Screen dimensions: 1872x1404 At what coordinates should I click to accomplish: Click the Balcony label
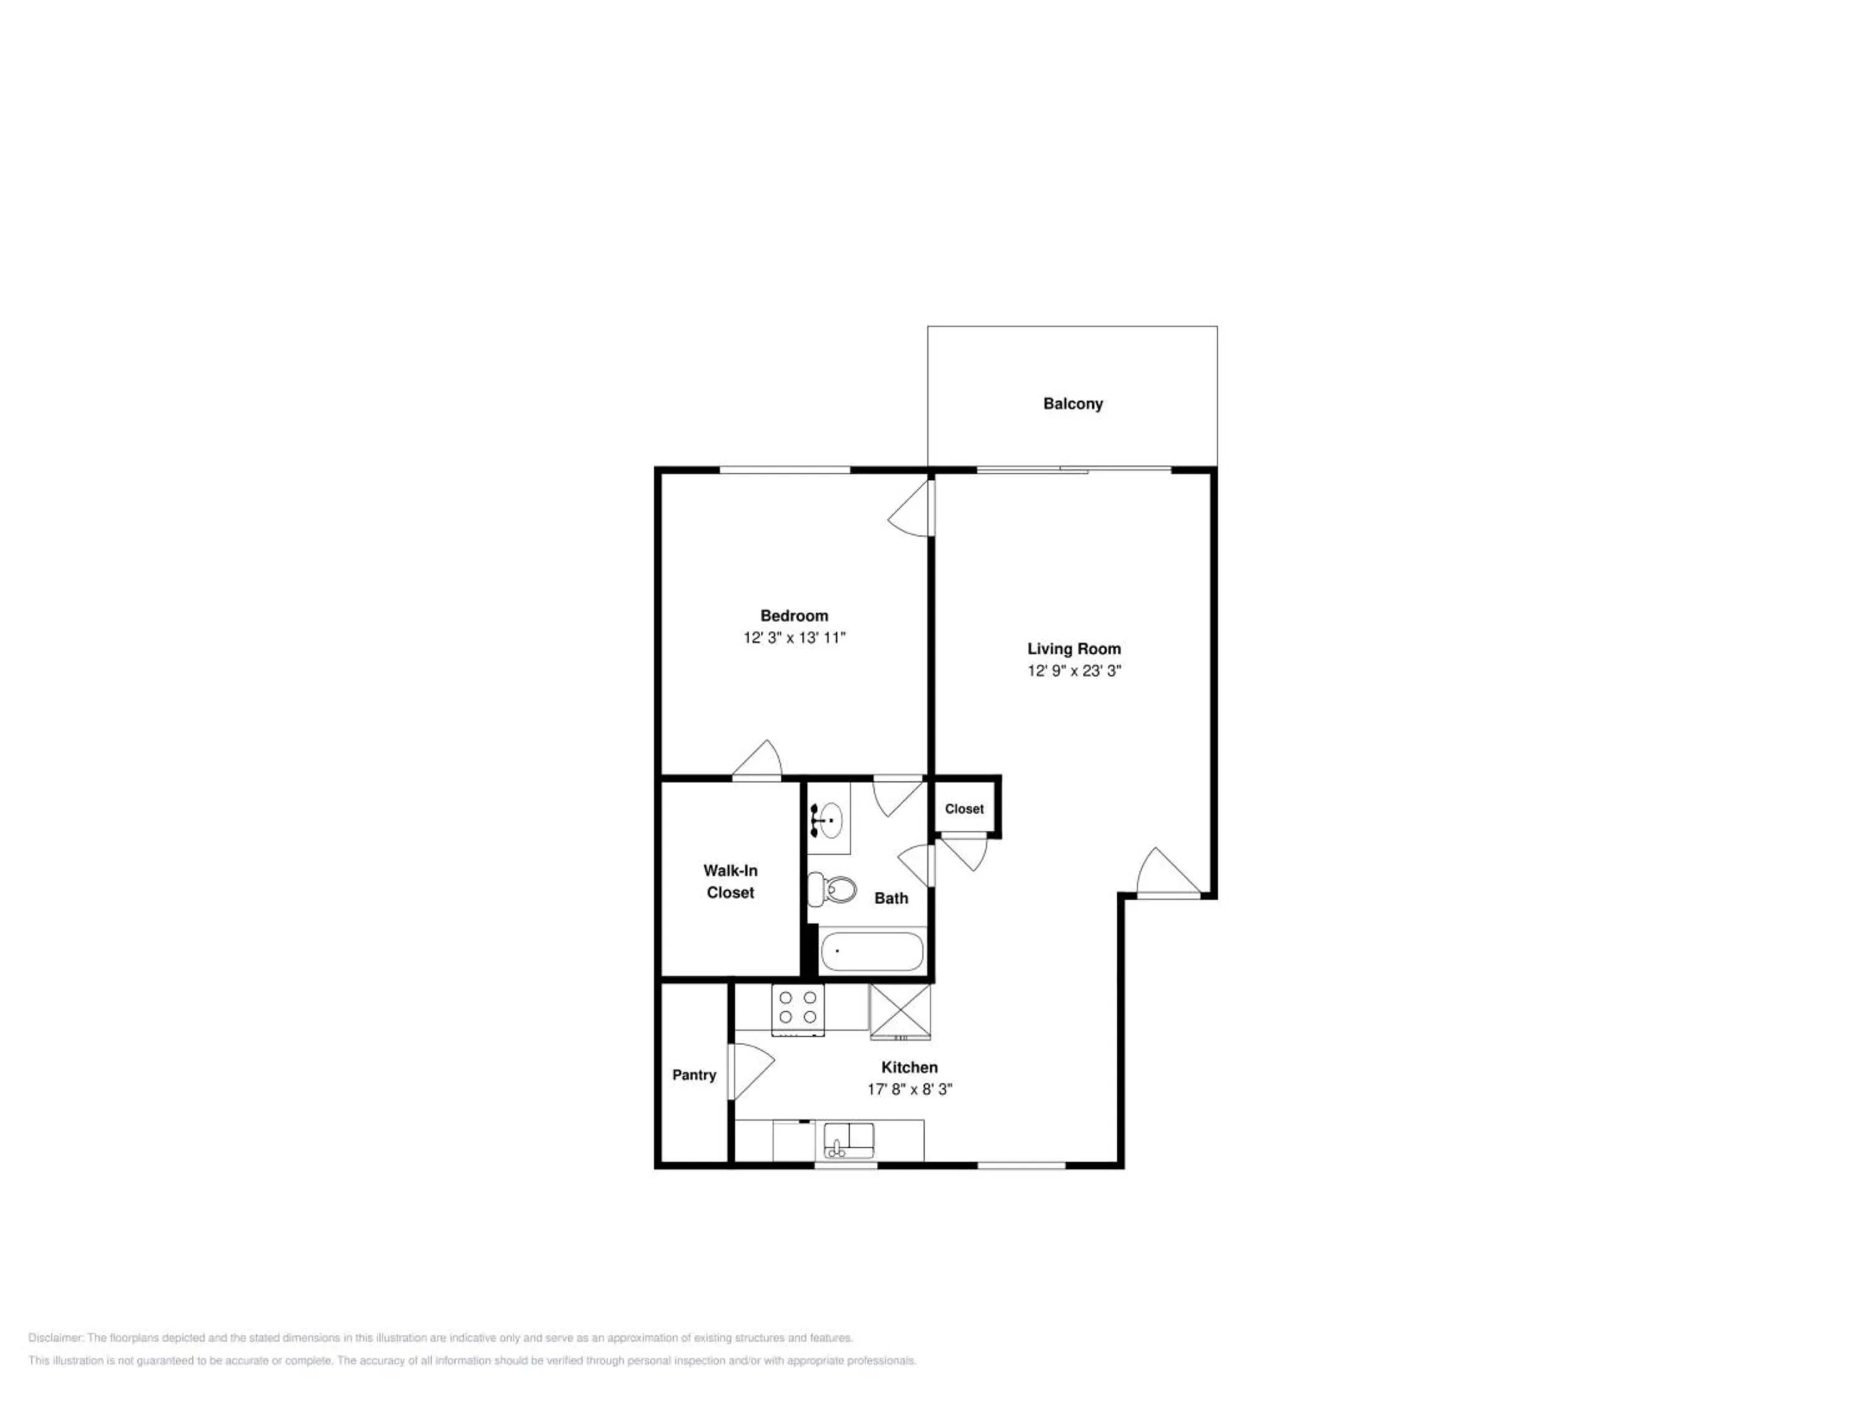[1072, 404]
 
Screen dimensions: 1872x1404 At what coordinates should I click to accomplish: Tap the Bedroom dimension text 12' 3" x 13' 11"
[794, 637]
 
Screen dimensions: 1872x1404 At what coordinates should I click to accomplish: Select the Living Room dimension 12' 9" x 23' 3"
[1074, 670]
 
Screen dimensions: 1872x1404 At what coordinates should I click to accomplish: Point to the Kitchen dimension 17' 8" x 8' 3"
[910, 1089]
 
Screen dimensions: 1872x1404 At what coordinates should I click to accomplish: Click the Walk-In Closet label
[730, 881]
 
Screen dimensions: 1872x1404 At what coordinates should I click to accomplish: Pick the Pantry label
[694, 1075]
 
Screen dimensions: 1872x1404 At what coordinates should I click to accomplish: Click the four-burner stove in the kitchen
[798, 1009]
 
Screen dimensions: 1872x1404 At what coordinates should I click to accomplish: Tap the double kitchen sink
[849, 1139]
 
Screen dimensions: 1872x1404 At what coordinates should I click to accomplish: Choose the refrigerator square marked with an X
[900, 1010]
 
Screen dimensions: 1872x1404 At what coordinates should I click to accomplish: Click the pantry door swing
[751, 1072]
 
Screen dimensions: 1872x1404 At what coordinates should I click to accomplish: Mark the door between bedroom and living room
[910, 507]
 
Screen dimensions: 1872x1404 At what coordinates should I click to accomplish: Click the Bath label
[891, 898]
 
